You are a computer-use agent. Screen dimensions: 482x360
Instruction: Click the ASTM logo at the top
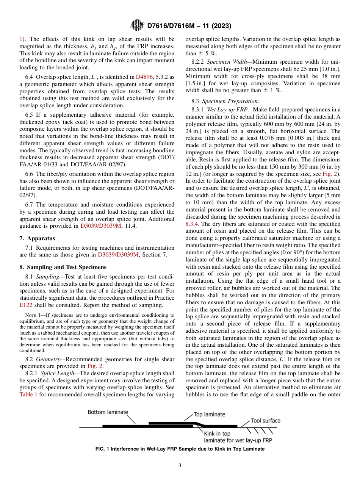(x=137, y=26)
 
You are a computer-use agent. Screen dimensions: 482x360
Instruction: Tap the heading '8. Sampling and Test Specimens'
(x=63, y=267)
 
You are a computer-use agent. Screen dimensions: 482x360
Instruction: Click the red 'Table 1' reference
(x=28, y=394)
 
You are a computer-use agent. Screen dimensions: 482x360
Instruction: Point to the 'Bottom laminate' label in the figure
(x=108, y=412)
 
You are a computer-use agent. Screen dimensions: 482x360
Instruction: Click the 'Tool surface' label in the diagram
(x=266, y=421)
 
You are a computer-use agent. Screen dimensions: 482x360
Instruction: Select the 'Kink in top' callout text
(x=217, y=433)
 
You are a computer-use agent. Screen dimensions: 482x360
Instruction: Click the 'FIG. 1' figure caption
(x=180, y=449)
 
